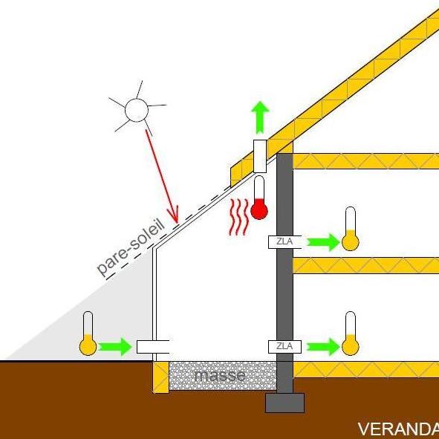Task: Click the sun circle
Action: pos(137,110)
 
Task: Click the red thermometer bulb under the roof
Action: pos(259,210)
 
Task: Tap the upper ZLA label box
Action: pos(284,242)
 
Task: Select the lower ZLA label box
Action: pos(284,347)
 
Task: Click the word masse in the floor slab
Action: pos(220,375)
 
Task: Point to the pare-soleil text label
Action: pos(131,247)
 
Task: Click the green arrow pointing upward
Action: pos(260,117)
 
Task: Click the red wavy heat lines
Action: pos(239,217)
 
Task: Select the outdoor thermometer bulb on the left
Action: pos(88,347)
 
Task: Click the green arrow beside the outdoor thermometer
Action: pos(115,347)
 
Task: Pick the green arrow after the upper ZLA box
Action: pos(324,242)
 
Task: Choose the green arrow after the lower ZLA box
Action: pos(324,347)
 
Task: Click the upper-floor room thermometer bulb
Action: pos(351,242)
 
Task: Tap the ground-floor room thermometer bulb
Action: pos(351,347)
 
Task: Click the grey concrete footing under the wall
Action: pos(284,403)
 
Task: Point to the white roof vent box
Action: pos(260,156)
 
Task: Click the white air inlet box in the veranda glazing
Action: pos(153,347)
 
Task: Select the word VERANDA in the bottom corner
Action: pos(398,429)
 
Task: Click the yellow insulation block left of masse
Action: pos(161,377)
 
